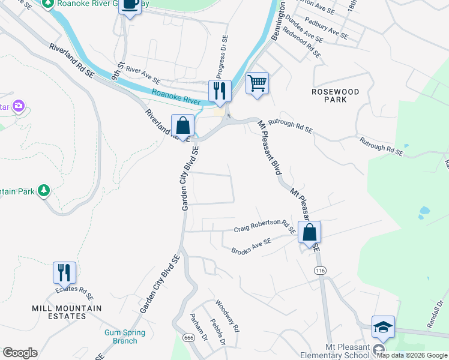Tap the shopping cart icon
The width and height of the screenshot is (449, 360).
point(257,83)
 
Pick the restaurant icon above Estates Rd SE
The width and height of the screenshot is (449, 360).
point(64,272)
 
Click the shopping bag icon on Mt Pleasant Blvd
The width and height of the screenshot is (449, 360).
point(309,232)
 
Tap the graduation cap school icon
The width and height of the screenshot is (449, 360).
point(383,327)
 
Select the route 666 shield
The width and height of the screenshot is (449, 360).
point(189,338)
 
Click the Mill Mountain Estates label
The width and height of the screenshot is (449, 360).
point(67,312)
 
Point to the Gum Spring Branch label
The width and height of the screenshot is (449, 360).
point(125,337)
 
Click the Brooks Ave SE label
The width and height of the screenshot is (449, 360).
point(252,245)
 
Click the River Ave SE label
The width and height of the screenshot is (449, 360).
point(143,76)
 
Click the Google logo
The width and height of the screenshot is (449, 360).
point(20,353)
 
